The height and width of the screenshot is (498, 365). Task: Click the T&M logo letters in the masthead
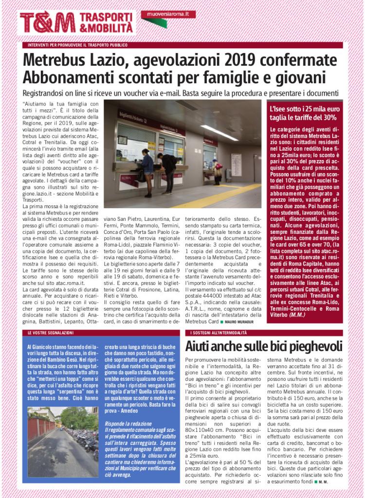47,22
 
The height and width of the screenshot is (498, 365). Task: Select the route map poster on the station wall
236,164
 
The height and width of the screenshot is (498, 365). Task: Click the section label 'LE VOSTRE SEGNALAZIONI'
51,333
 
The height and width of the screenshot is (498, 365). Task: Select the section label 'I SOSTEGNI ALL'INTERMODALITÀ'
221,333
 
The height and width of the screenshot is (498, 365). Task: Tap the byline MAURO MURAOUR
239,321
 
